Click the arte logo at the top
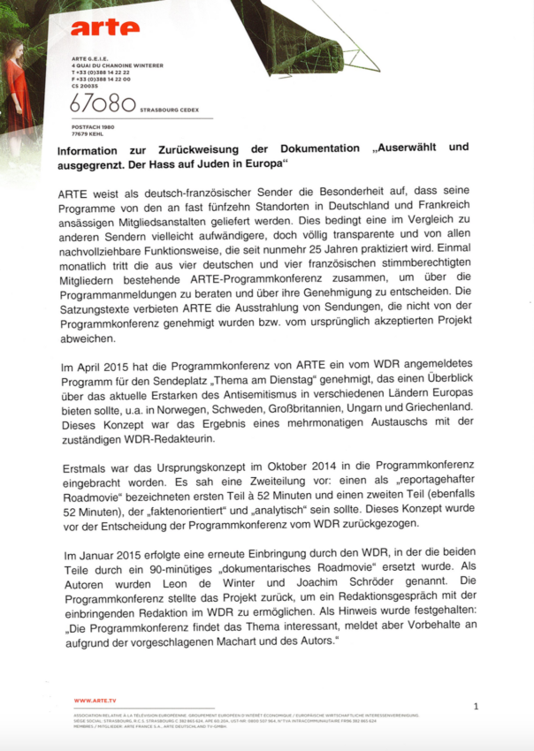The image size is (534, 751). tap(104, 28)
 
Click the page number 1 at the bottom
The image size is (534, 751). tap(476, 706)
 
